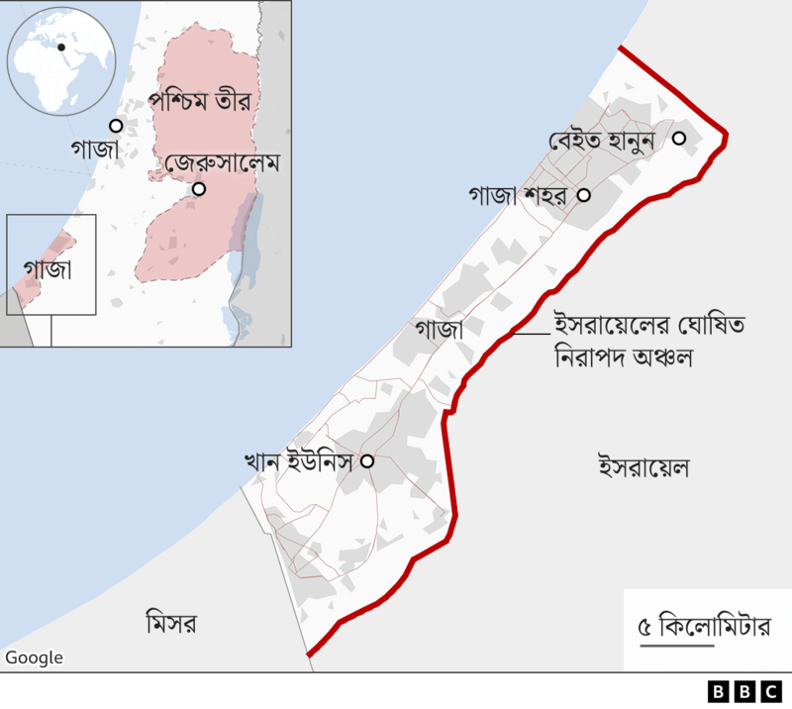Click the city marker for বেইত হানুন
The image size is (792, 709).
click(x=679, y=139)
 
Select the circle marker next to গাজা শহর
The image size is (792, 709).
click(x=584, y=196)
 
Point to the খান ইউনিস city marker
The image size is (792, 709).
click(x=367, y=460)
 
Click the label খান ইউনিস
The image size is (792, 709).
click(x=300, y=460)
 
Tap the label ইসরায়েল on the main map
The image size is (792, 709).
click(x=643, y=463)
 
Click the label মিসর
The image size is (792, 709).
click(x=170, y=624)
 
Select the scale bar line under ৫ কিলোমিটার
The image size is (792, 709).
click(x=676, y=647)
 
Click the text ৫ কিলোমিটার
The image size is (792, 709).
click(x=703, y=626)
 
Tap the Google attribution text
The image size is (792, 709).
click(x=34, y=658)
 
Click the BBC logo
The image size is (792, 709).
click(x=742, y=691)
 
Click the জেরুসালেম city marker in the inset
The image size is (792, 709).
click(x=200, y=189)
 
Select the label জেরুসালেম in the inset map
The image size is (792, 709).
click(x=224, y=161)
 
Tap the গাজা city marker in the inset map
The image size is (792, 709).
click(x=116, y=126)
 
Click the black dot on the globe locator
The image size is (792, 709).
click(x=61, y=47)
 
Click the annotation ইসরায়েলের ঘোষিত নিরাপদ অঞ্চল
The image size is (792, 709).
click(x=621, y=339)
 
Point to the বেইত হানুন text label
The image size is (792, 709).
click(x=604, y=141)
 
